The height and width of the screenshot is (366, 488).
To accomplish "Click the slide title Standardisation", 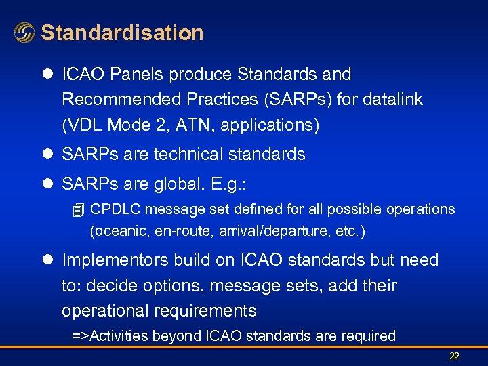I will coord(122,33).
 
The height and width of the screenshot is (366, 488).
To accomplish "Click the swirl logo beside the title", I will coord(24,33).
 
